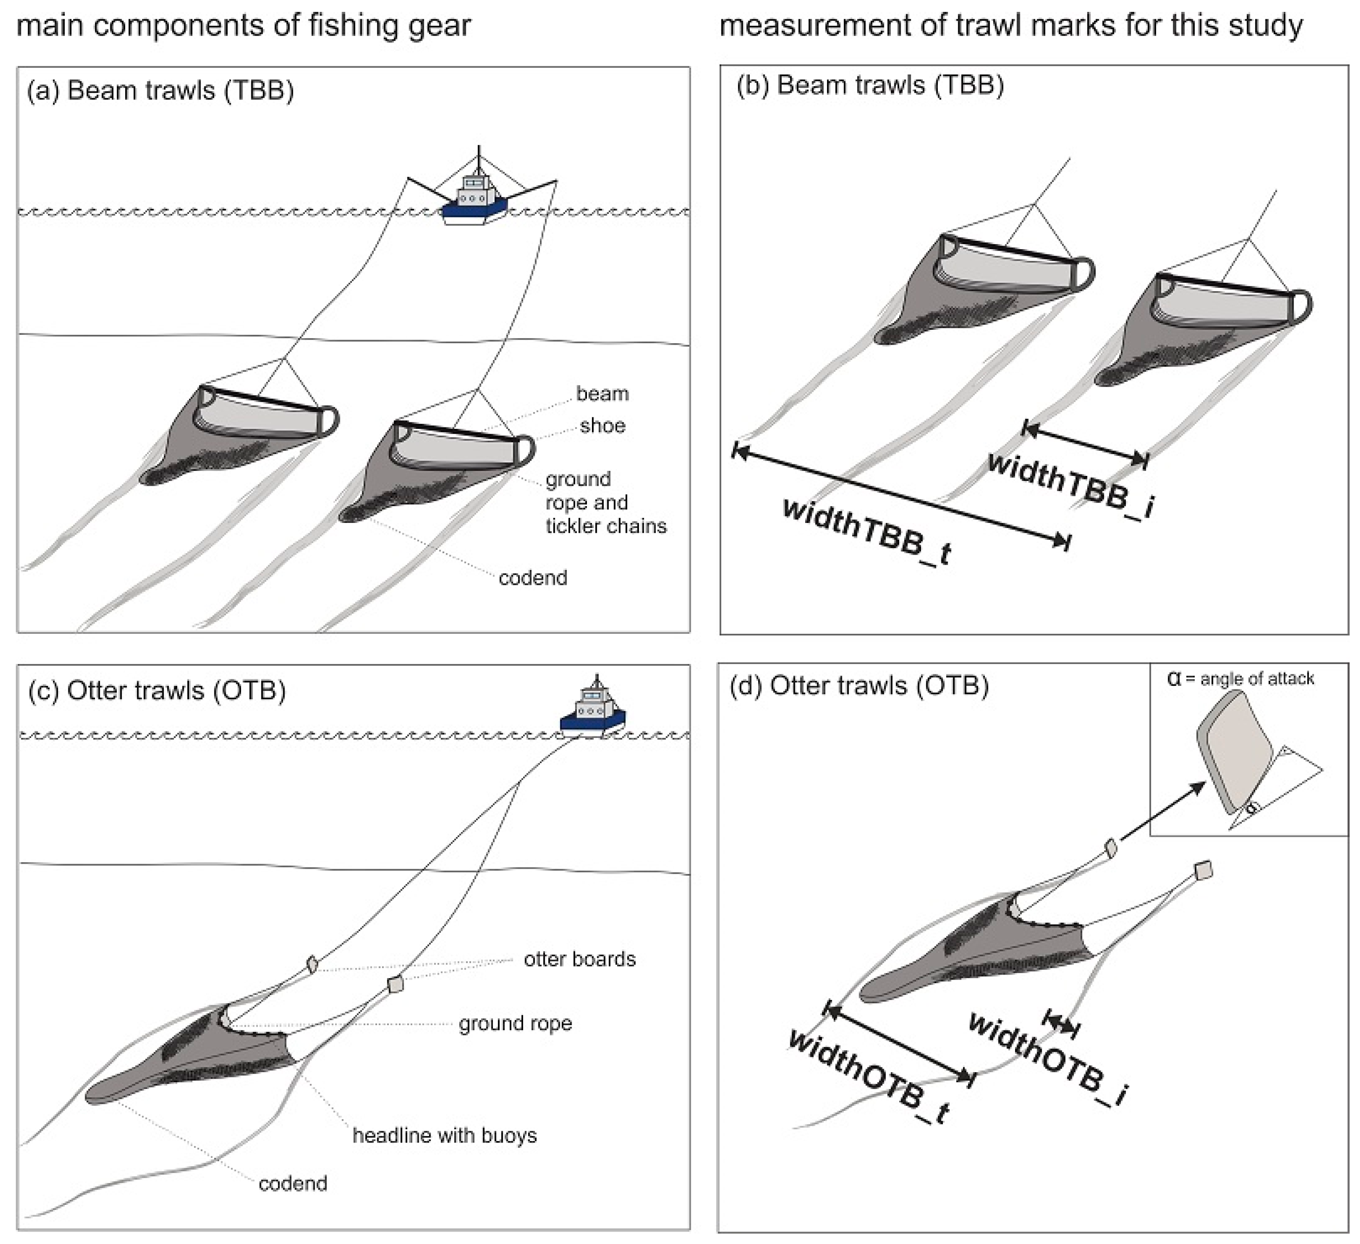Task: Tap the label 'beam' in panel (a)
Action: (602, 394)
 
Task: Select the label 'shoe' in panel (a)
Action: (602, 426)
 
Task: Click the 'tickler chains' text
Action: (605, 526)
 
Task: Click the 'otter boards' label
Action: (580, 959)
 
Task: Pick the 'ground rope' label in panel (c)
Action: (515, 1023)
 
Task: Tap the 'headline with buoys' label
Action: (444, 1136)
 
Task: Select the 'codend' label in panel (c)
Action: (293, 1183)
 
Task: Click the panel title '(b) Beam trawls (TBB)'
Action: (870, 86)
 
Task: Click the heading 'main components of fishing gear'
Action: (243, 26)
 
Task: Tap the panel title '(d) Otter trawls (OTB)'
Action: (859, 686)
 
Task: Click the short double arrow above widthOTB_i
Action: (1061, 1024)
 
